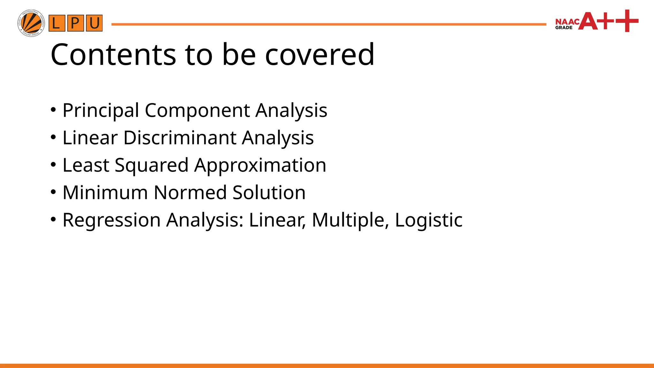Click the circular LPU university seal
31,23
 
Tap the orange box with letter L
57,23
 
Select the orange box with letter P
75,23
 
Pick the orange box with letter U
94,23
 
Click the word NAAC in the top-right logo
567,22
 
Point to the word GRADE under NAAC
564,28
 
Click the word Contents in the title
113,55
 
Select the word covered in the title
320,55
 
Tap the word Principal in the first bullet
101,111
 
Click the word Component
197,111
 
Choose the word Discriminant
180,138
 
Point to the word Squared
151,165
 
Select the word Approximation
260,165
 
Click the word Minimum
105,193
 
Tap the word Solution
269,193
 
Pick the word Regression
111,220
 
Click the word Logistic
429,220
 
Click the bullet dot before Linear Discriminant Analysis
53,138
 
